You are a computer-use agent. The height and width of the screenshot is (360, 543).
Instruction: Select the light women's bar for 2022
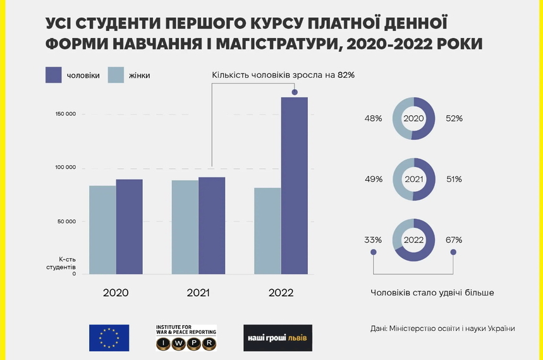click(x=267, y=231)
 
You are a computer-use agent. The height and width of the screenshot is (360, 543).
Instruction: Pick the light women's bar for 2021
click(x=185, y=227)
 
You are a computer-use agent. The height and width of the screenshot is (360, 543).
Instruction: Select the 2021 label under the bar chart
click(x=198, y=293)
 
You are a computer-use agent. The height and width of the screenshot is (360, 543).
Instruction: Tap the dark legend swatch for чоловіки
click(x=53, y=75)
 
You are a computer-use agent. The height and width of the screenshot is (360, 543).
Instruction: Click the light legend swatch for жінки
click(x=117, y=75)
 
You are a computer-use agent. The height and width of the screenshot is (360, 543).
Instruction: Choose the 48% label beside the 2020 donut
click(x=373, y=118)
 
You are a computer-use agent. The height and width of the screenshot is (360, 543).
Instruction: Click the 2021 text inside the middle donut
click(x=413, y=180)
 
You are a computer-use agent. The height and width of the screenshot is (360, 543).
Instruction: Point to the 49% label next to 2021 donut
click(x=373, y=180)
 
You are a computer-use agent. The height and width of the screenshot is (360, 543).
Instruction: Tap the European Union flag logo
click(x=109, y=338)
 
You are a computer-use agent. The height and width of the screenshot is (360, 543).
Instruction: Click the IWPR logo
click(x=186, y=338)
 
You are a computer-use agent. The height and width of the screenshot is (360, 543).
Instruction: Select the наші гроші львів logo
click(x=278, y=338)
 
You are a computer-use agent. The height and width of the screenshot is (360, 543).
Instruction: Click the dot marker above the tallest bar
click(x=295, y=92)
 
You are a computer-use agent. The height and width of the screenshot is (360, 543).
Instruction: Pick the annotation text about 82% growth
click(x=283, y=75)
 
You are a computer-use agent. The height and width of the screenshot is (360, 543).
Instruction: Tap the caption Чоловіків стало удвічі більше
click(x=432, y=293)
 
